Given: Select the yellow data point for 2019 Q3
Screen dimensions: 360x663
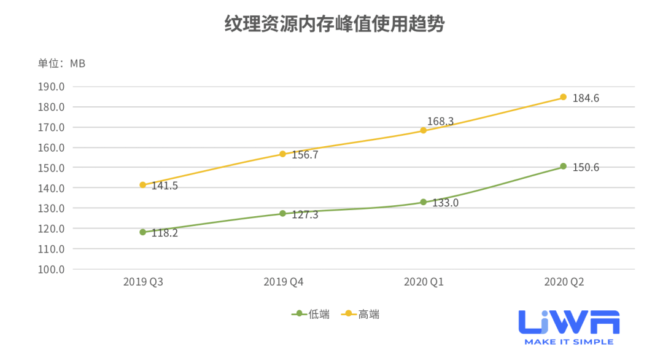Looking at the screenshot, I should (142, 185).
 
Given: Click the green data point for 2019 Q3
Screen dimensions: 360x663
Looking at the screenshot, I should (142, 232).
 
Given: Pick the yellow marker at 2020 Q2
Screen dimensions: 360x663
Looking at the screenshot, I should (563, 97).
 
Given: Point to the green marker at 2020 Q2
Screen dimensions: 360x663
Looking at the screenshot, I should (563, 166).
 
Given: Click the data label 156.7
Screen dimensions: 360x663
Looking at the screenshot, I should (305, 155).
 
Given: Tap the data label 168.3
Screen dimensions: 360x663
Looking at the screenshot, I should (440, 121).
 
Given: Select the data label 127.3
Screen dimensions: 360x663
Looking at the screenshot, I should (305, 214).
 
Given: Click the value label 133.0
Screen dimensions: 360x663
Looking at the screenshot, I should (445, 202).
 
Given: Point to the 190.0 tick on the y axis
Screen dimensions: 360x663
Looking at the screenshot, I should (52, 87).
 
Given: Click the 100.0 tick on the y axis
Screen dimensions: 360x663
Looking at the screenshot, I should (52, 269).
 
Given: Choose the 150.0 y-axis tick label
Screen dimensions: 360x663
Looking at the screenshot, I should (52, 168).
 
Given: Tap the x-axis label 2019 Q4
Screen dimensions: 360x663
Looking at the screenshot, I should (283, 282).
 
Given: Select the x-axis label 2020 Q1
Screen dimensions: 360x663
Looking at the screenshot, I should (423, 282).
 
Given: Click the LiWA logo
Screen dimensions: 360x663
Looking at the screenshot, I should (568, 322).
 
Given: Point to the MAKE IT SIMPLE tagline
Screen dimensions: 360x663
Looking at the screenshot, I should (568, 342).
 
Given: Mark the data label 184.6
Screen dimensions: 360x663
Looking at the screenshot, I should (586, 98).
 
